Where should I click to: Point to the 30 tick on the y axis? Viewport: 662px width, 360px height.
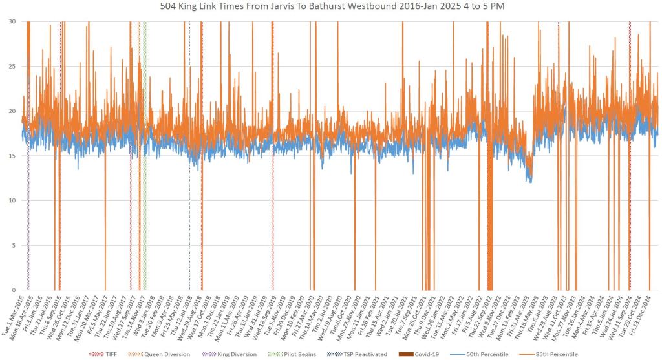[x=13, y=21]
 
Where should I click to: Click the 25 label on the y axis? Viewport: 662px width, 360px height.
[x=13, y=66]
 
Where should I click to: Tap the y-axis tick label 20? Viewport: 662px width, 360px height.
[x=13, y=111]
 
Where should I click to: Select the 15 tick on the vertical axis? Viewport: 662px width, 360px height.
[x=13, y=156]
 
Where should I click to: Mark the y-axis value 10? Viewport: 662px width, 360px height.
[x=13, y=200]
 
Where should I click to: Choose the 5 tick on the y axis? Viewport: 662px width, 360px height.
[x=15, y=246]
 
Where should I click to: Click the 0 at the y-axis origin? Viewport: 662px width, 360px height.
[x=15, y=290]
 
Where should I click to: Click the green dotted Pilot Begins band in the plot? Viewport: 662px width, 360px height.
[x=145, y=155]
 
